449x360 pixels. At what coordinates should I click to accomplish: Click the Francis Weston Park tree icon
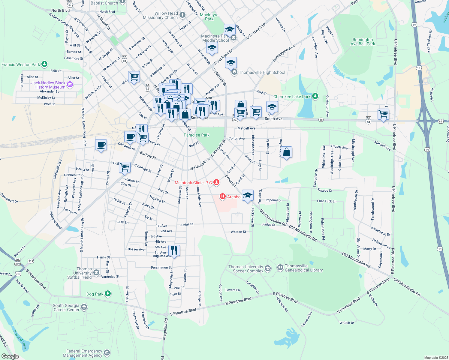[x=44, y=64]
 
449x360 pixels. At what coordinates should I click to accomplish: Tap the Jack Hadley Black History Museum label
[x=48, y=85]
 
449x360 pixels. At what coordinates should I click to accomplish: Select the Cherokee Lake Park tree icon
[x=315, y=96]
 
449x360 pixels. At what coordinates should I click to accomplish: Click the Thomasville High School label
[x=262, y=72]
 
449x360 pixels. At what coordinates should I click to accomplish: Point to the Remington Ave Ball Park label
[x=363, y=42]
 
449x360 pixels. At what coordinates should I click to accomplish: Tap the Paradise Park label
[x=197, y=135]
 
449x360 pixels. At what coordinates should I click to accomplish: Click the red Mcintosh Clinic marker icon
[x=216, y=182]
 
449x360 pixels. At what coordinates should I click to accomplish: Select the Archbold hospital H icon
[x=223, y=196]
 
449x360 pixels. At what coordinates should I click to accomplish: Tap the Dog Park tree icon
[x=108, y=294]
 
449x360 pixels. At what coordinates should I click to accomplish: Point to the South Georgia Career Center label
[x=66, y=307]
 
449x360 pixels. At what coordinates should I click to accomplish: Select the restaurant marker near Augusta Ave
[x=174, y=250]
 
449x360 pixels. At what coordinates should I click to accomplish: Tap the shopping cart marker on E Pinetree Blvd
[x=384, y=114]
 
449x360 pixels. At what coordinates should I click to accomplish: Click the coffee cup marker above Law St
[x=101, y=145]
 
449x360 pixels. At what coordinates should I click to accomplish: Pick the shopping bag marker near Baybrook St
[x=287, y=152]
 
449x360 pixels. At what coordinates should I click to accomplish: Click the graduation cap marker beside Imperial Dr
[x=248, y=195]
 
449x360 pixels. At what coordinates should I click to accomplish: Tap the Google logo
[x=10, y=356]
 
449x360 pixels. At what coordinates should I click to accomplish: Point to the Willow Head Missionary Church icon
[x=182, y=15]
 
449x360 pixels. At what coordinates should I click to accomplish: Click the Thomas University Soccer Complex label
[x=246, y=269]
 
